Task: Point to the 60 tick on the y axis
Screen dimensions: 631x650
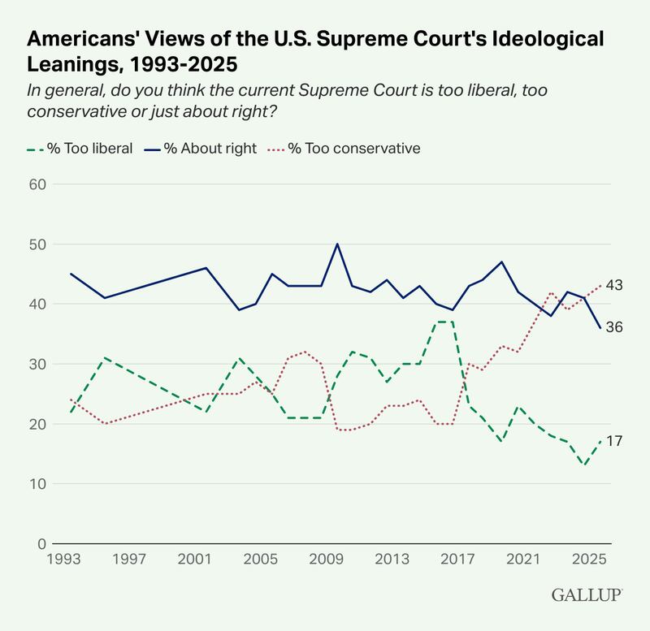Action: click(37, 184)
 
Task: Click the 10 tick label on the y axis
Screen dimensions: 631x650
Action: click(37, 484)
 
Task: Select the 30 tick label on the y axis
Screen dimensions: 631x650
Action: click(37, 364)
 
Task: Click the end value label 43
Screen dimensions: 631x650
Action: click(615, 285)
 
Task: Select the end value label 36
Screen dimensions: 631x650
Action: click(615, 327)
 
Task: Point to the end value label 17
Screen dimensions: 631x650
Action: click(615, 441)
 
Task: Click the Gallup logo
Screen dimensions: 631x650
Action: click(587, 595)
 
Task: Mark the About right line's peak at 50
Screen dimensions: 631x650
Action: click(336, 244)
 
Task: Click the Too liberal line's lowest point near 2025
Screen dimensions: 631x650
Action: click(583, 465)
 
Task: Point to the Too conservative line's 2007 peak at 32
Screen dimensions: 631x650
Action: click(305, 352)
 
